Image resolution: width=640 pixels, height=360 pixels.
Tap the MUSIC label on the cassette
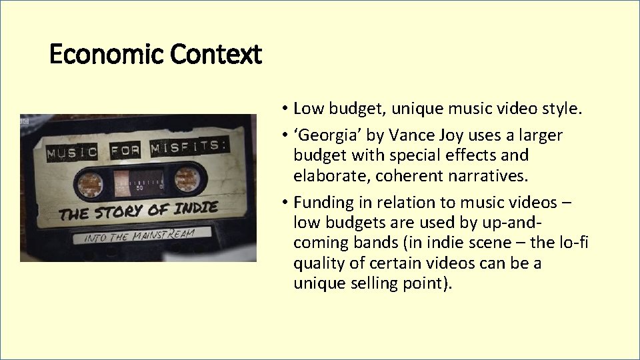71,153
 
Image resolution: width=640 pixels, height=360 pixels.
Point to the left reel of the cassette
89,183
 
